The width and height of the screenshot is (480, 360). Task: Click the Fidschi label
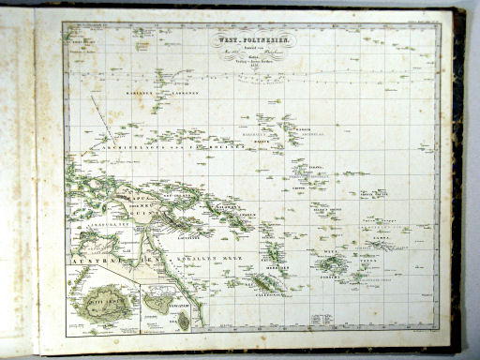tap(328, 275)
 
